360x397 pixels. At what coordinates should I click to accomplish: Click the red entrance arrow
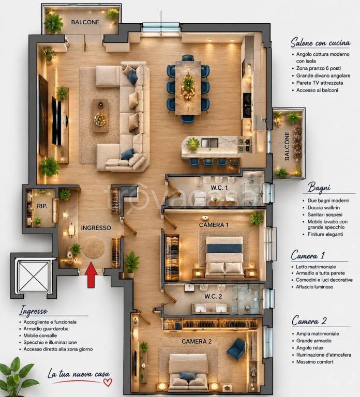tap(91, 275)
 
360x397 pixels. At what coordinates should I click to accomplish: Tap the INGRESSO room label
tap(96, 228)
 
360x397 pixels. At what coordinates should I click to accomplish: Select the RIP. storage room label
tap(42, 206)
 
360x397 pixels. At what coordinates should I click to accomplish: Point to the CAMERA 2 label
tap(197, 342)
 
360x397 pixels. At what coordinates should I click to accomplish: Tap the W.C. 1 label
tap(219, 188)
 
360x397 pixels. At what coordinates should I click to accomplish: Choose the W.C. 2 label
tap(213, 296)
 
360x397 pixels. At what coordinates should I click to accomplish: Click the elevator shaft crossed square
tap(33, 277)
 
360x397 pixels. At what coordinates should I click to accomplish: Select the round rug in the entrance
tap(94, 248)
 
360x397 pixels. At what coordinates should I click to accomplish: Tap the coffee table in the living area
tap(100, 115)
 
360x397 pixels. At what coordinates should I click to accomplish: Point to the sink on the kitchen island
tap(209, 143)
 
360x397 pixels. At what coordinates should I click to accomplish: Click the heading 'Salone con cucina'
tap(321, 42)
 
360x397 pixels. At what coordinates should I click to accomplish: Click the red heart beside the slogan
tap(108, 383)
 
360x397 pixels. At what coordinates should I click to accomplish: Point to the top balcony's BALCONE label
tap(85, 22)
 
